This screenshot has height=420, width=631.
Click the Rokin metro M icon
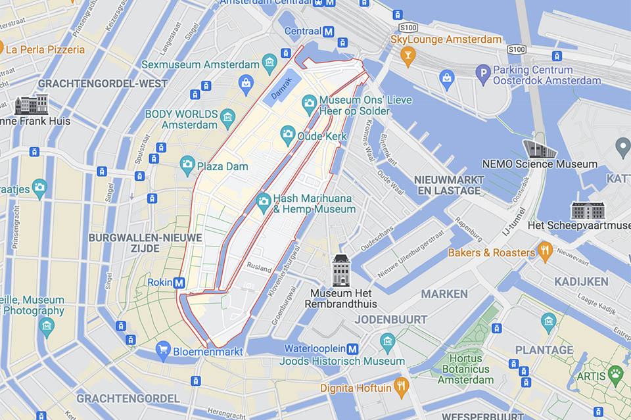click(x=179, y=283)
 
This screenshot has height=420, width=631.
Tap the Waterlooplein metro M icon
click(x=353, y=348)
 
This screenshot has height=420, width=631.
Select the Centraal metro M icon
click(x=328, y=32)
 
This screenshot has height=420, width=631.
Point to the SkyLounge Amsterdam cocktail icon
click(x=408, y=57)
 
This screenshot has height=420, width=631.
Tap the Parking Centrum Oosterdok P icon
click(x=484, y=75)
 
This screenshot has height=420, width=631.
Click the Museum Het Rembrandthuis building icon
click(x=341, y=270)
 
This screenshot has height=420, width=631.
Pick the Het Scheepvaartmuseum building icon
click(x=587, y=210)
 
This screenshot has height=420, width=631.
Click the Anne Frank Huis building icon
click(x=32, y=105)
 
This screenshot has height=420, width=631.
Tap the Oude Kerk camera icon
click(x=288, y=136)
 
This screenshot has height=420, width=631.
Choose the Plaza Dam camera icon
click(x=188, y=166)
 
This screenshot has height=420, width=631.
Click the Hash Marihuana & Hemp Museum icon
click(x=264, y=203)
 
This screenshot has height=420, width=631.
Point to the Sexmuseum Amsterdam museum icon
click(x=269, y=64)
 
